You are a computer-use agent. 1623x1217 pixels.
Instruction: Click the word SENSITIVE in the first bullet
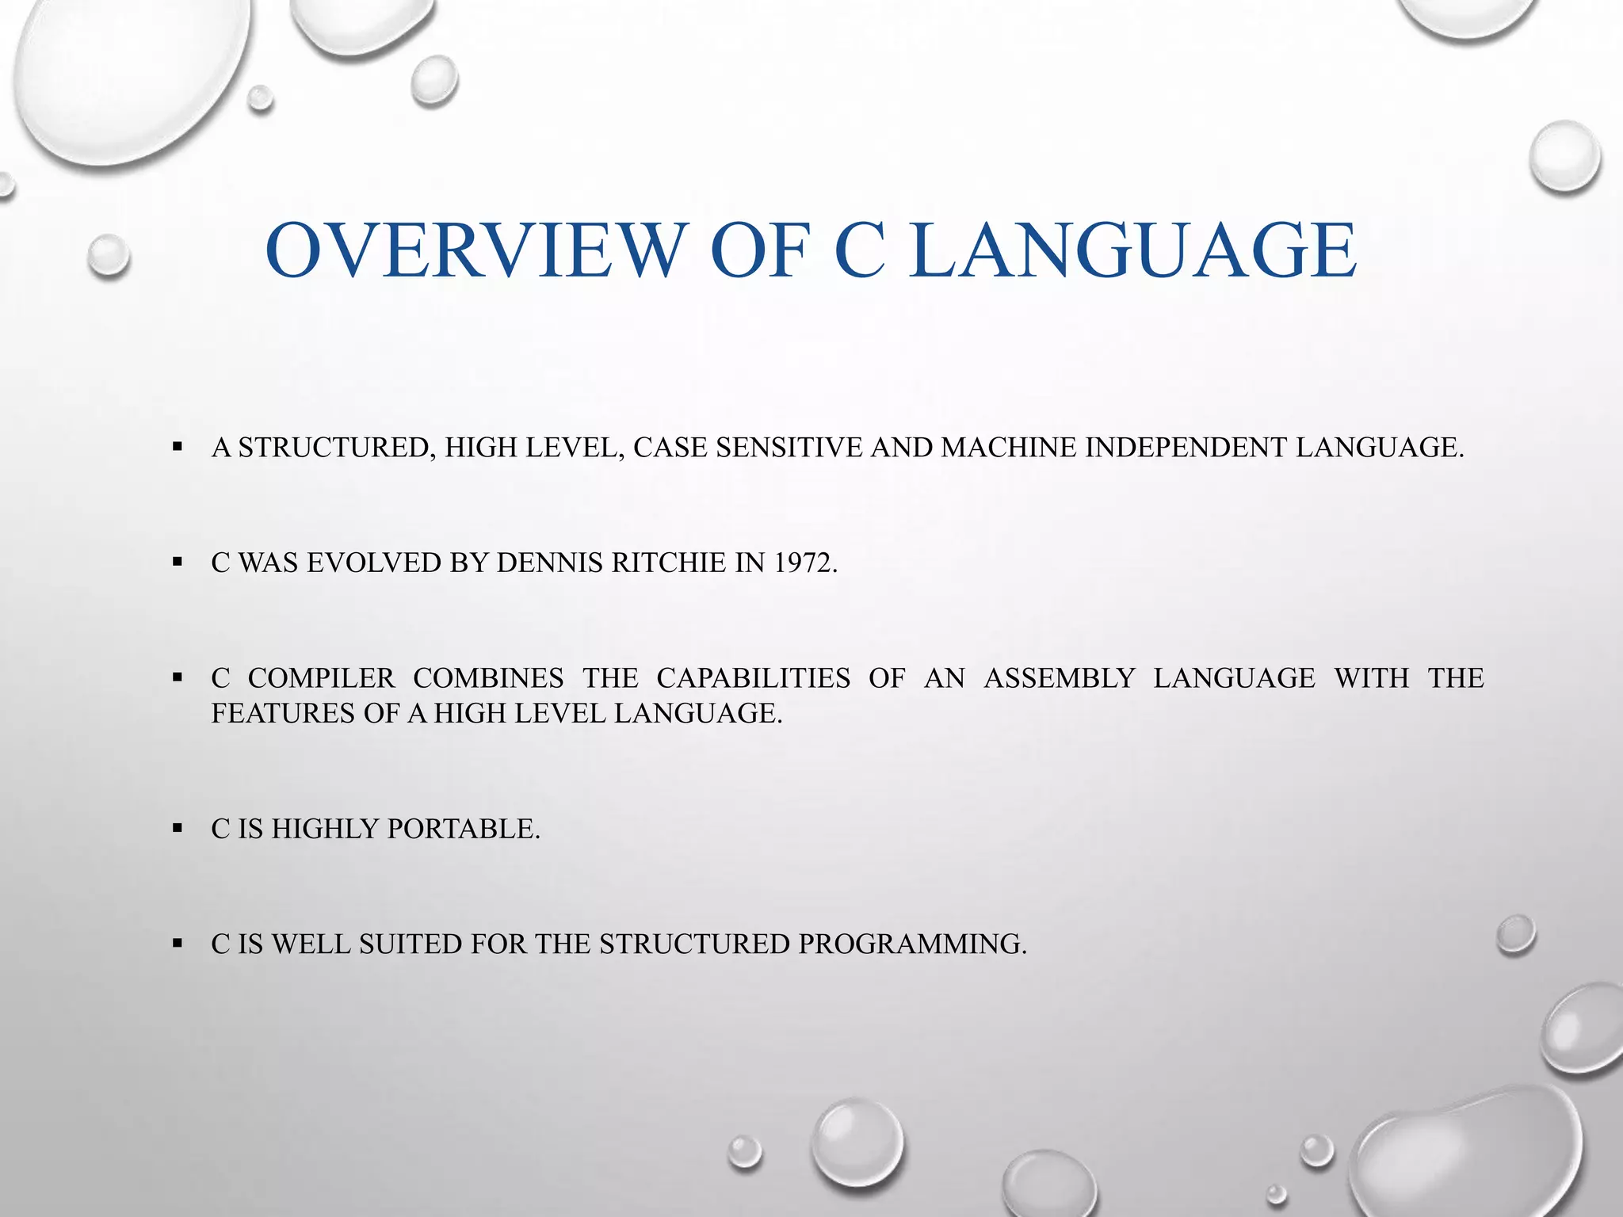pos(789,448)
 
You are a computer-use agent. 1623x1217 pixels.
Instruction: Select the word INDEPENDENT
pos(1186,448)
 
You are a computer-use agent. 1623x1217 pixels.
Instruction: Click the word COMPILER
pos(321,678)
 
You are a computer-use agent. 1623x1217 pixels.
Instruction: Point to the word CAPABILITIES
pos(753,678)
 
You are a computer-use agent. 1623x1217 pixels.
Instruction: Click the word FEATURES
pos(283,713)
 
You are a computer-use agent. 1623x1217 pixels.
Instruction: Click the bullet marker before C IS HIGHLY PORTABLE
pos(177,829)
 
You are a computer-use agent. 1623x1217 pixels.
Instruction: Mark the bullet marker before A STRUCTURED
pos(177,448)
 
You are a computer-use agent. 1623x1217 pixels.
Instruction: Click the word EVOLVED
pos(374,563)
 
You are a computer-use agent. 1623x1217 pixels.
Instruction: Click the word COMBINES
pos(488,678)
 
